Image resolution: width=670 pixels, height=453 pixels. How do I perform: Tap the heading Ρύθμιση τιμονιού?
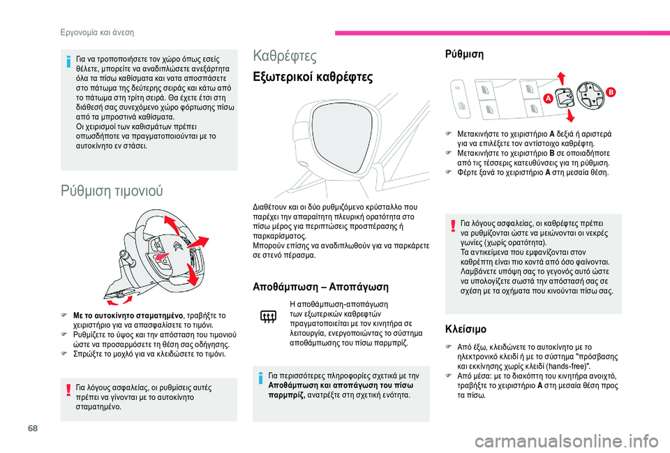(112, 190)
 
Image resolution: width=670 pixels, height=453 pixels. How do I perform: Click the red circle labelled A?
(547, 99)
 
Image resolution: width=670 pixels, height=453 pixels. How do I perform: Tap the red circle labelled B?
(610, 92)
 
